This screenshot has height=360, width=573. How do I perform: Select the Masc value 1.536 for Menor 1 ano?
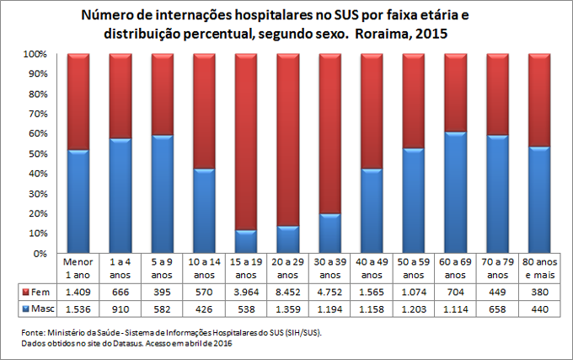click(78, 309)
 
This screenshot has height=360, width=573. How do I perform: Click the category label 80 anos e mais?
click(539, 269)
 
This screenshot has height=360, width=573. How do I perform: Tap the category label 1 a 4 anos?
click(120, 269)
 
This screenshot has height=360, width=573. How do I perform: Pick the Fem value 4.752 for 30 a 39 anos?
click(330, 292)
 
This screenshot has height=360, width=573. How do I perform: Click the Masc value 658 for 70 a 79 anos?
click(497, 309)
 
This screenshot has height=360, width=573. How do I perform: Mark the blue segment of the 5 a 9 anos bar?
click(163, 194)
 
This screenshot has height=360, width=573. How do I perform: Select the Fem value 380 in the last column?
click(539, 292)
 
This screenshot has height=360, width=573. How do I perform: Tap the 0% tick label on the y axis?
click(35, 253)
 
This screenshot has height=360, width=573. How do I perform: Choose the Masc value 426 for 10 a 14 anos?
click(205, 309)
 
